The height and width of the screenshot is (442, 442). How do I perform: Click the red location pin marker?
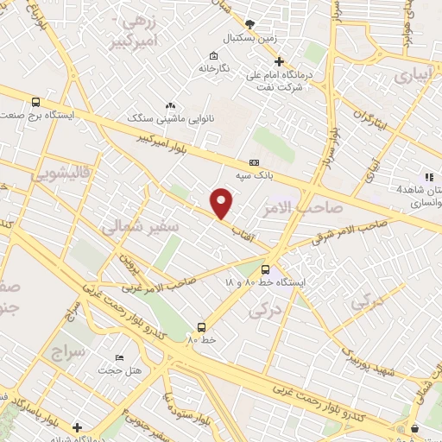[x=222, y=203]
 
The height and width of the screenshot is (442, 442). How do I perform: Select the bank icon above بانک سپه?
[x=254, y=161]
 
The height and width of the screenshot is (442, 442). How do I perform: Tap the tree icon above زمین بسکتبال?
[x=250, y=24]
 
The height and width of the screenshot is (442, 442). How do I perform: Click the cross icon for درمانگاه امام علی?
[x=278, y=61]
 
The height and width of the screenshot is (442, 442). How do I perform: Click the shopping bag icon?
[x=414, y=428]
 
